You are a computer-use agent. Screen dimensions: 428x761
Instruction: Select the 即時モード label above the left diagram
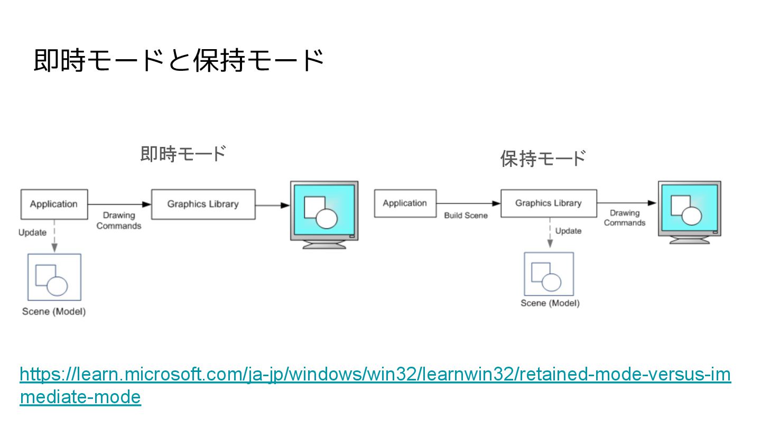(183, 154)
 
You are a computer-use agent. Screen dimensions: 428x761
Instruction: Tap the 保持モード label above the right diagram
(543, 158)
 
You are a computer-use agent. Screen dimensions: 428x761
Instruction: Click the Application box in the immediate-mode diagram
(54, 204)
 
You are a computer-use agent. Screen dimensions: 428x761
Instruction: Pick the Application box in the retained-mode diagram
(405, 203)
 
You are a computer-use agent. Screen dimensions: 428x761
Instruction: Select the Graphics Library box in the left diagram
(203, 204)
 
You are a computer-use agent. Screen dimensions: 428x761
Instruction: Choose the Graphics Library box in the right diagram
(549, 203)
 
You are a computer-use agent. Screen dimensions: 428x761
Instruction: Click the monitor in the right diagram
(689, 210)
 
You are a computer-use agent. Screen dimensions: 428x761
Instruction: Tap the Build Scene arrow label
(466, 216)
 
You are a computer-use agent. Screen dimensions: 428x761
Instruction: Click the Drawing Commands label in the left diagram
(119, 221)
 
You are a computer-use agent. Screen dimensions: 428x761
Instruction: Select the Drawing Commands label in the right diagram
(625, 218)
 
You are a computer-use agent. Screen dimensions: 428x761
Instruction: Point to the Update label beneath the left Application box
(32, 232)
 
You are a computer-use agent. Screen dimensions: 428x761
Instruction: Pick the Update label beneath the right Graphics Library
(568, 231)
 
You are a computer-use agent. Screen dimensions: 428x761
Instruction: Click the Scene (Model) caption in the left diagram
(54, 311)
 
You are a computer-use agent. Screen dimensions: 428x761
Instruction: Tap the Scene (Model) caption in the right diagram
(550, 303)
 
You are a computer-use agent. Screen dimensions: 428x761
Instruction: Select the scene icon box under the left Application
(54, 277)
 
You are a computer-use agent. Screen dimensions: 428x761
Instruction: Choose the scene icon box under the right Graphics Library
(549, 274)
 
